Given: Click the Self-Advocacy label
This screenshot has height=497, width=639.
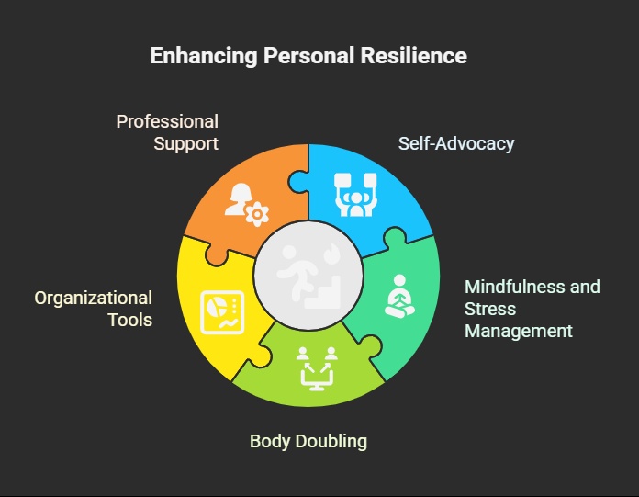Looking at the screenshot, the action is (456, 143).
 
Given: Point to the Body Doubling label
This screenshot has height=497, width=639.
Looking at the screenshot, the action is (308, 441).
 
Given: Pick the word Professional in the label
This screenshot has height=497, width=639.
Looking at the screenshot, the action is (167, 121).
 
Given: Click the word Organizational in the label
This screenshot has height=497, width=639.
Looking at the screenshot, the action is (94, 298).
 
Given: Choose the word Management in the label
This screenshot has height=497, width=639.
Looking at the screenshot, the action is (519, 331).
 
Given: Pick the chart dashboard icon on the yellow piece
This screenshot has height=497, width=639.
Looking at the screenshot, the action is (220, 311).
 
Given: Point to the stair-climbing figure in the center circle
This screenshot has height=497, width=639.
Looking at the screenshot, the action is (307, 275).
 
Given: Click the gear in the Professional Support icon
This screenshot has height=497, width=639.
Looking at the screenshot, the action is (259, 215).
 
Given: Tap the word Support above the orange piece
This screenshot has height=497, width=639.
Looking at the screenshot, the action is (186, 143).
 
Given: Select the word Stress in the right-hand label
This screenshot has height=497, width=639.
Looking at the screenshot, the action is (490, 309).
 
